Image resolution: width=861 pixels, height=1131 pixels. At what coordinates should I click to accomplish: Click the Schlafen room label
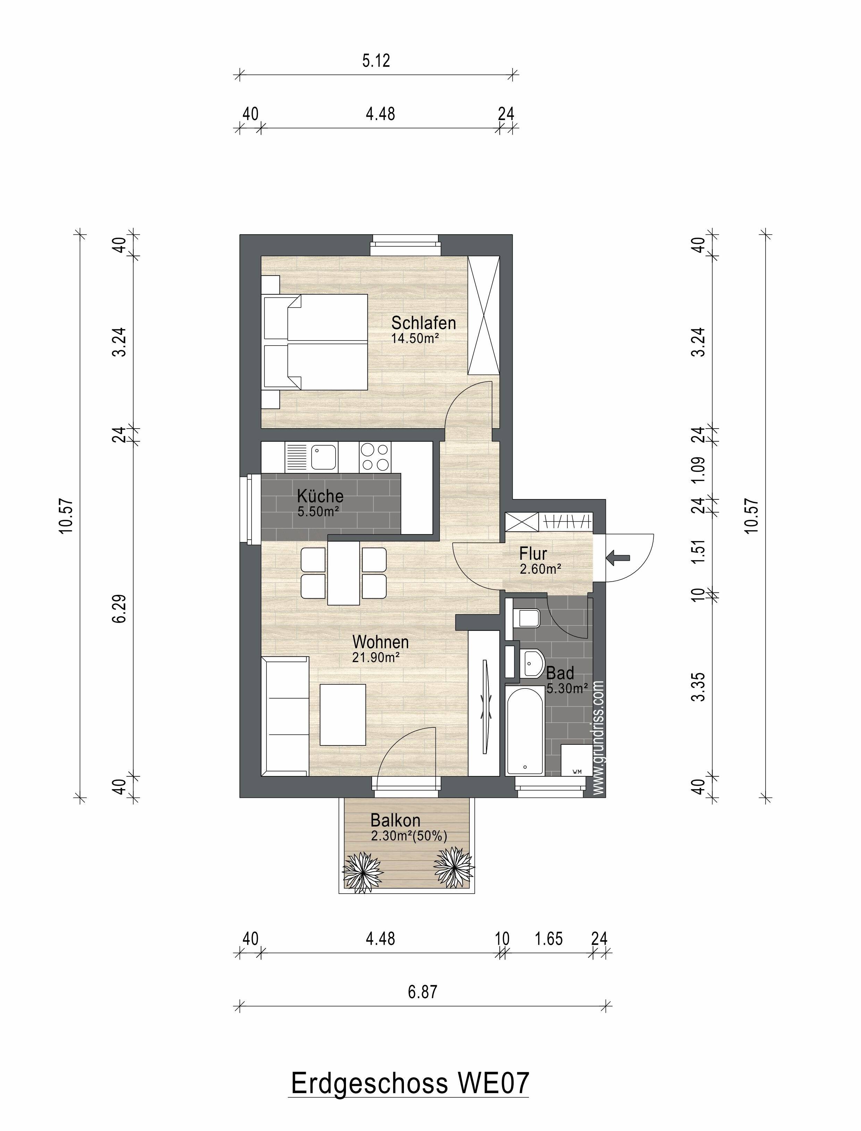(423, 323)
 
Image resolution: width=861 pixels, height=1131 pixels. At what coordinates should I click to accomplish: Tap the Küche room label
(320, 496)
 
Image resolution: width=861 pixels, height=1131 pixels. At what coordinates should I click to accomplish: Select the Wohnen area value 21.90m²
(375, 658)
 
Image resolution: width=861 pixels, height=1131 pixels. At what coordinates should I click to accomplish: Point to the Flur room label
(533, 554)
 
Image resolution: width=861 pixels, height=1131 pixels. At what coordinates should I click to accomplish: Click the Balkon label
(395, 820)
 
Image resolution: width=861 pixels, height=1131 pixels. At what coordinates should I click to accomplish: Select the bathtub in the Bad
(525, 730)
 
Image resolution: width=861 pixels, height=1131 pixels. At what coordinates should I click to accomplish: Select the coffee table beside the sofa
(343, 714)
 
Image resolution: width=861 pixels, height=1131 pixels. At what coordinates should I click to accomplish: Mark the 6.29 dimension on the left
(119, 608)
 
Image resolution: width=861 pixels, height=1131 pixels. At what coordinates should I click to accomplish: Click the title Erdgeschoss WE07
(410, 1084)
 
